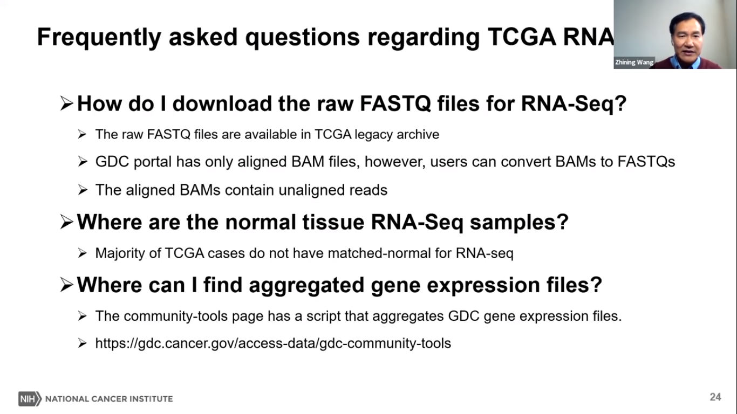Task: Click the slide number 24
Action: point(715,397)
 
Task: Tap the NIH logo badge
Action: point(30,399)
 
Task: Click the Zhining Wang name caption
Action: point(634,62)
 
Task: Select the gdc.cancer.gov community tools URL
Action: point(273,343)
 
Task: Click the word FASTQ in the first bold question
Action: point(395,103)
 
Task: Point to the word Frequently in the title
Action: point(99,38)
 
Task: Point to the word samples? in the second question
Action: point(519,223)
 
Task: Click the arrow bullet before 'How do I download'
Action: point(66,103)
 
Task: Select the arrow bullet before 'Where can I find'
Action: point(66,285)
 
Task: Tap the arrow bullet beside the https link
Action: point(82,343)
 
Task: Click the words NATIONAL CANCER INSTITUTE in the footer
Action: point(109,399)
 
